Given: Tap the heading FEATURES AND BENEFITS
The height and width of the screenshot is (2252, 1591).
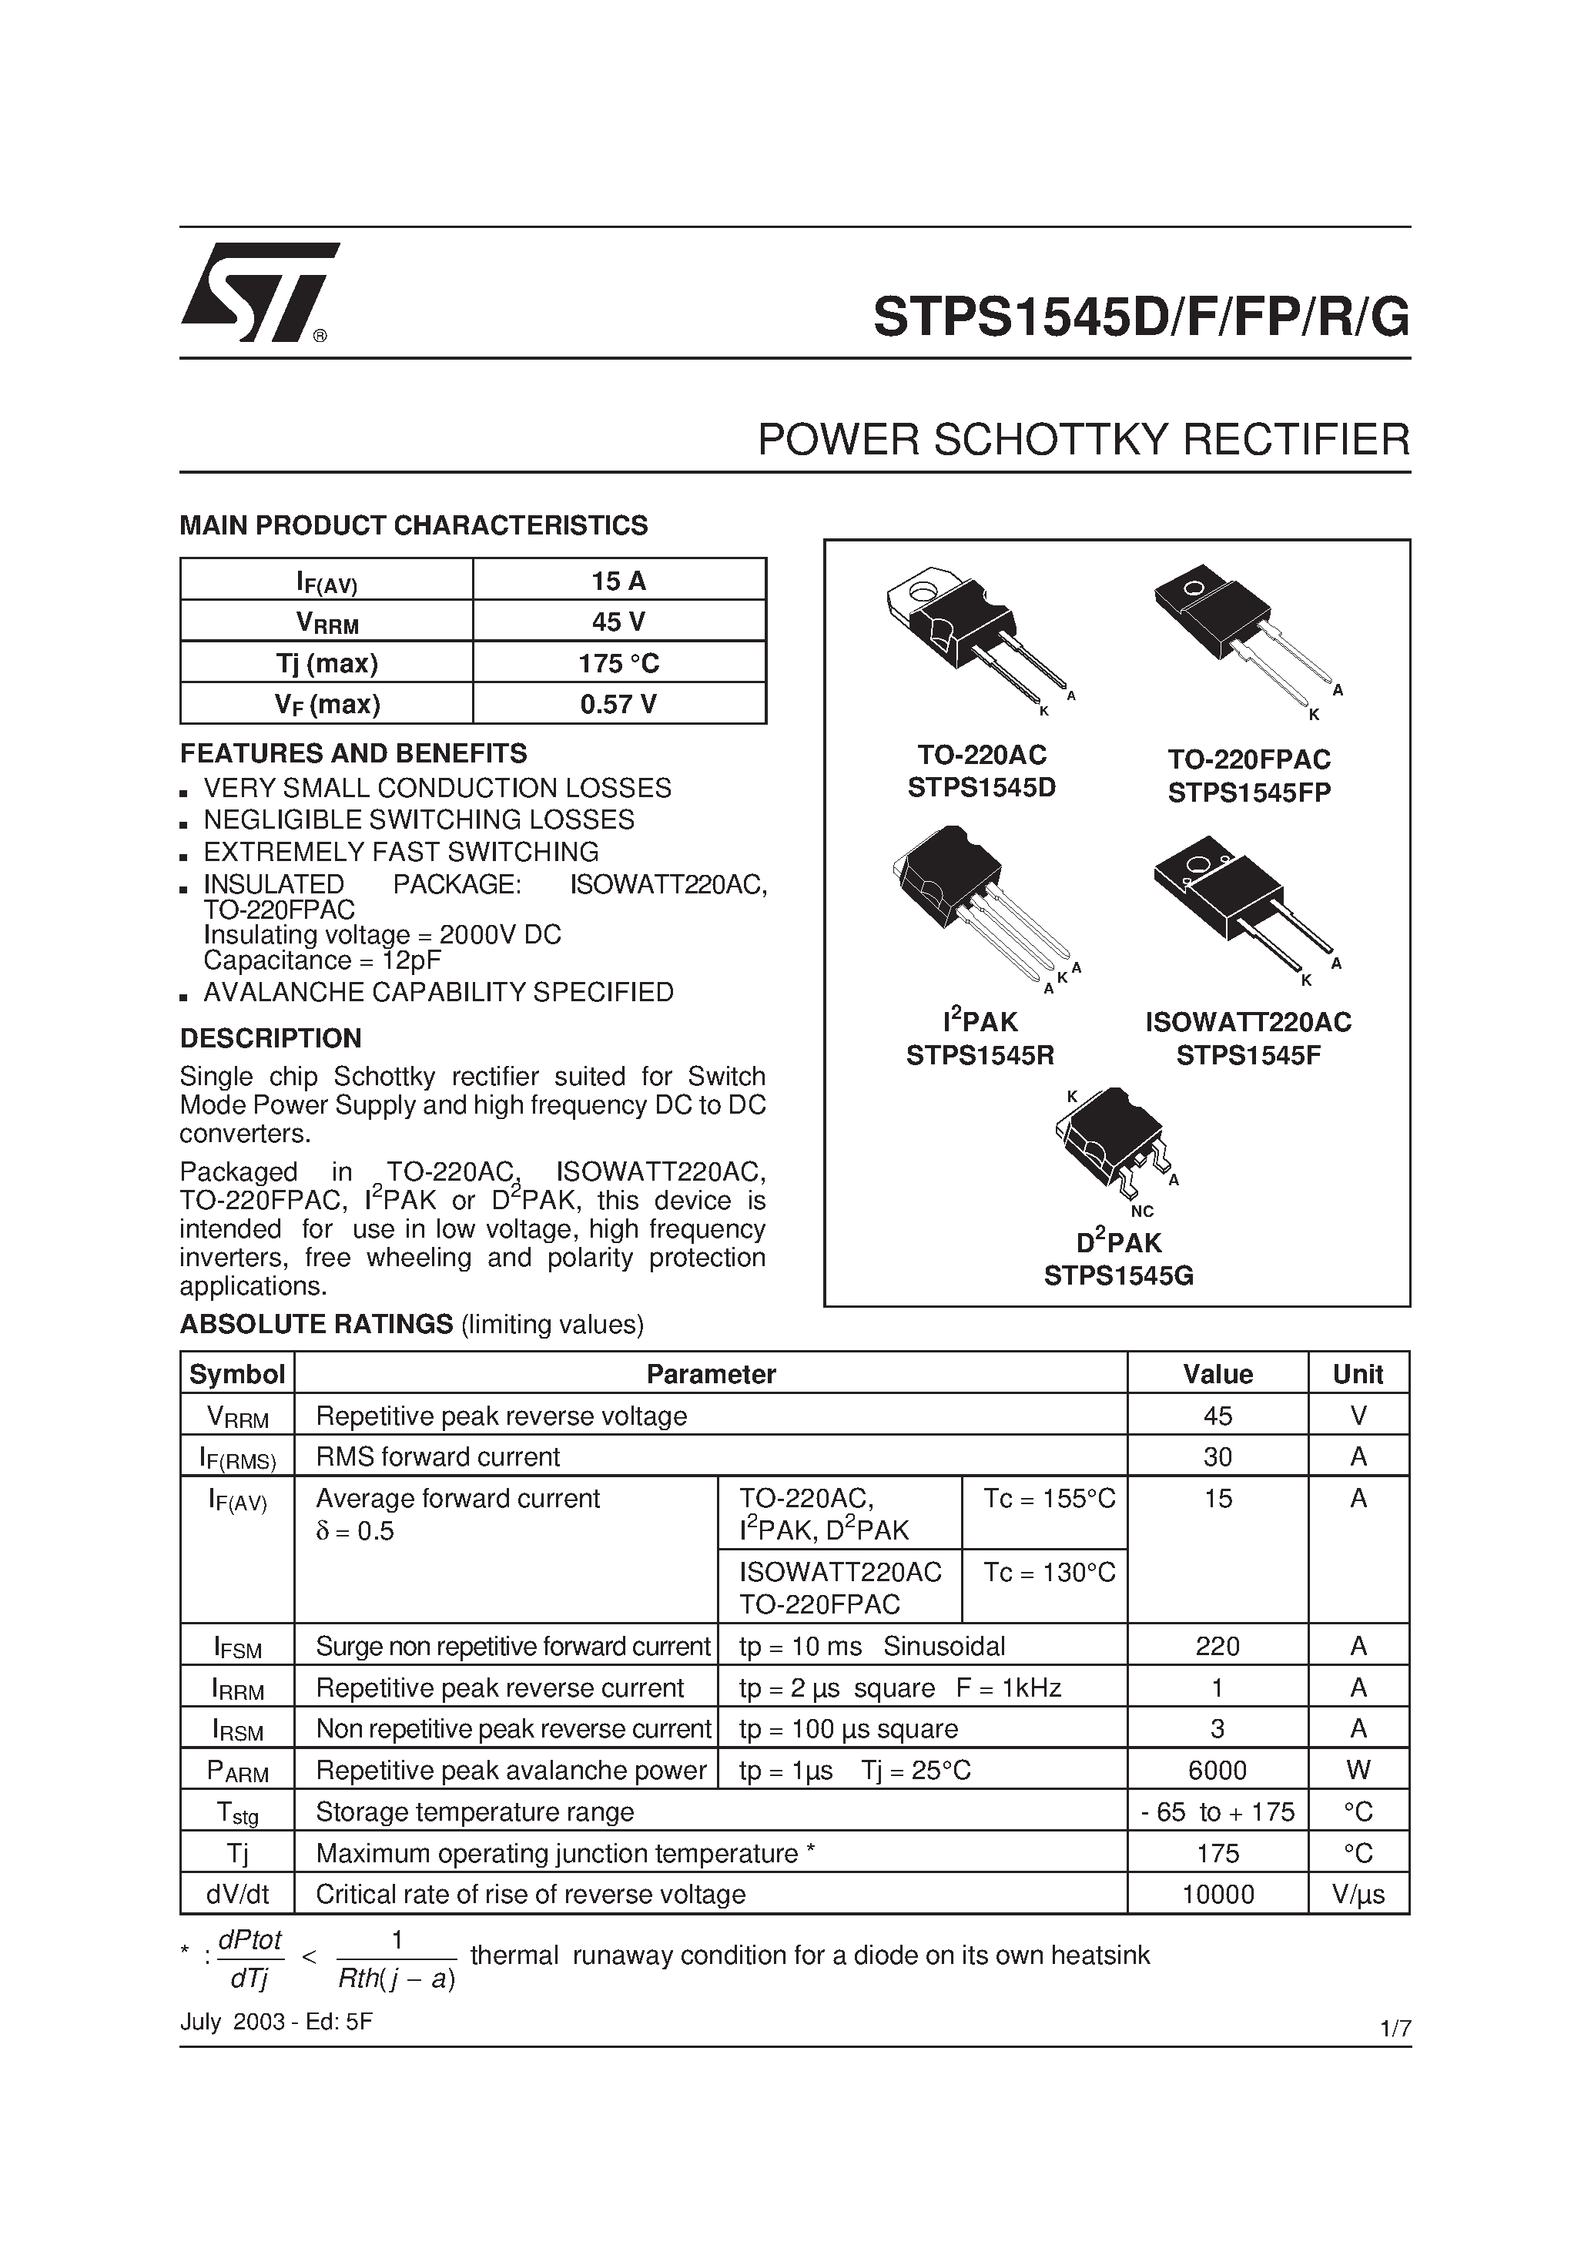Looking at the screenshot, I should pos(353,753).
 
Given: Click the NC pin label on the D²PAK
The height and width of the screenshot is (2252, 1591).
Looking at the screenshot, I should pos(1142,1211).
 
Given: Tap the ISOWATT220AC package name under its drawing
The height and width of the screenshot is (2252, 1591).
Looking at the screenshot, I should pos(1248,1022).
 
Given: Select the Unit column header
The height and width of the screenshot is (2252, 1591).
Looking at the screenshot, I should pos(1358,1374).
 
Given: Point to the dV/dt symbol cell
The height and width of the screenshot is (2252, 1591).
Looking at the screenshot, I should pos(236,1894).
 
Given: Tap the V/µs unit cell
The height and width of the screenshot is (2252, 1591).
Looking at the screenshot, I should pos(1358,1894).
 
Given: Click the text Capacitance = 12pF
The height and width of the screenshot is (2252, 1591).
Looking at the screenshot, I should pos(322,960).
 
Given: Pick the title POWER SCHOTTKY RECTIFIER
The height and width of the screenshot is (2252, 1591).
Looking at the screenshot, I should pos(1083,440).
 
